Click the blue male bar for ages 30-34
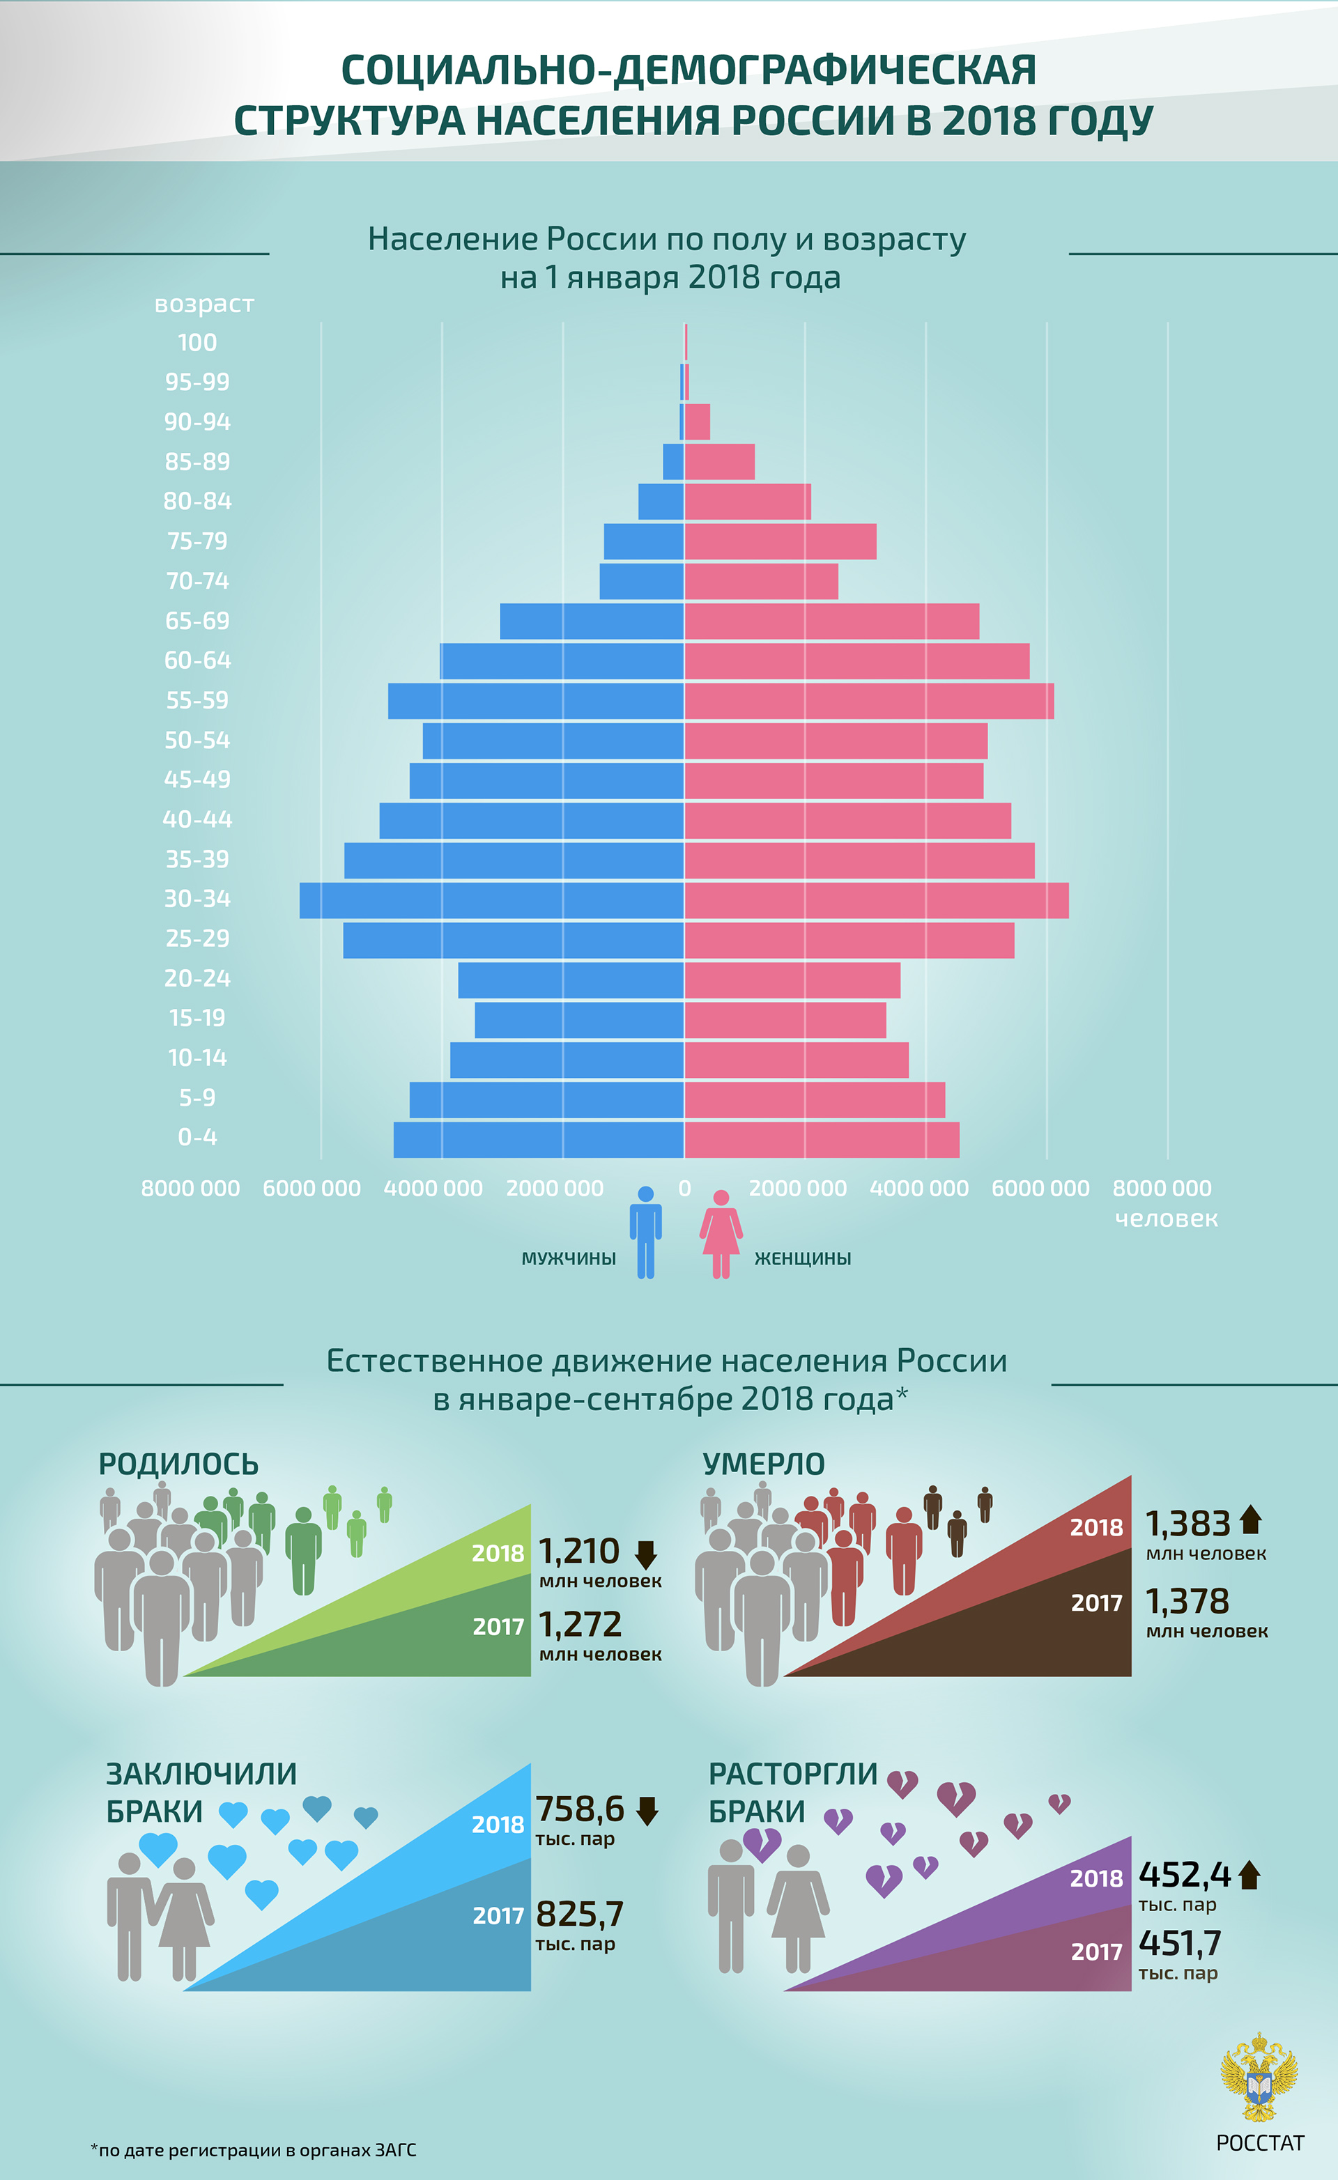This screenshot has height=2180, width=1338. click(491, 899)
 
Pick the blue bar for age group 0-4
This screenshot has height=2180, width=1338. click(538, 1140)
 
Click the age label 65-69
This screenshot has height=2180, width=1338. click(197, 621)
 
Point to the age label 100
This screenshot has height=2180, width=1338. click(197, 342)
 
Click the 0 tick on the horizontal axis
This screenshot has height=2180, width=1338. click(684, 1188)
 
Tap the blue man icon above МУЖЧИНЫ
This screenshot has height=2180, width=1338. click(645, 1232)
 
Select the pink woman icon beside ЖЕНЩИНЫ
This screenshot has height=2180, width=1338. click(721, 1233)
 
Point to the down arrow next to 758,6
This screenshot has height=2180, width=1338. click(648, 1811)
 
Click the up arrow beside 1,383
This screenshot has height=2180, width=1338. click(1249, 1521)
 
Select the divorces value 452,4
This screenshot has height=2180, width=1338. click(1184, 1874)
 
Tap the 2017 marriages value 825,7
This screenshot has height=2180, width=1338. click(580, 1915)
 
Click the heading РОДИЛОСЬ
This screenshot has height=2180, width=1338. click(179, 1464)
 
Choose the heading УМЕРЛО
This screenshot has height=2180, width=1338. click(763, 1464)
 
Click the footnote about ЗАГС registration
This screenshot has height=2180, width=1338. click(253, 2150)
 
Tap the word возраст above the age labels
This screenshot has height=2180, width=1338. click(203, 304)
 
